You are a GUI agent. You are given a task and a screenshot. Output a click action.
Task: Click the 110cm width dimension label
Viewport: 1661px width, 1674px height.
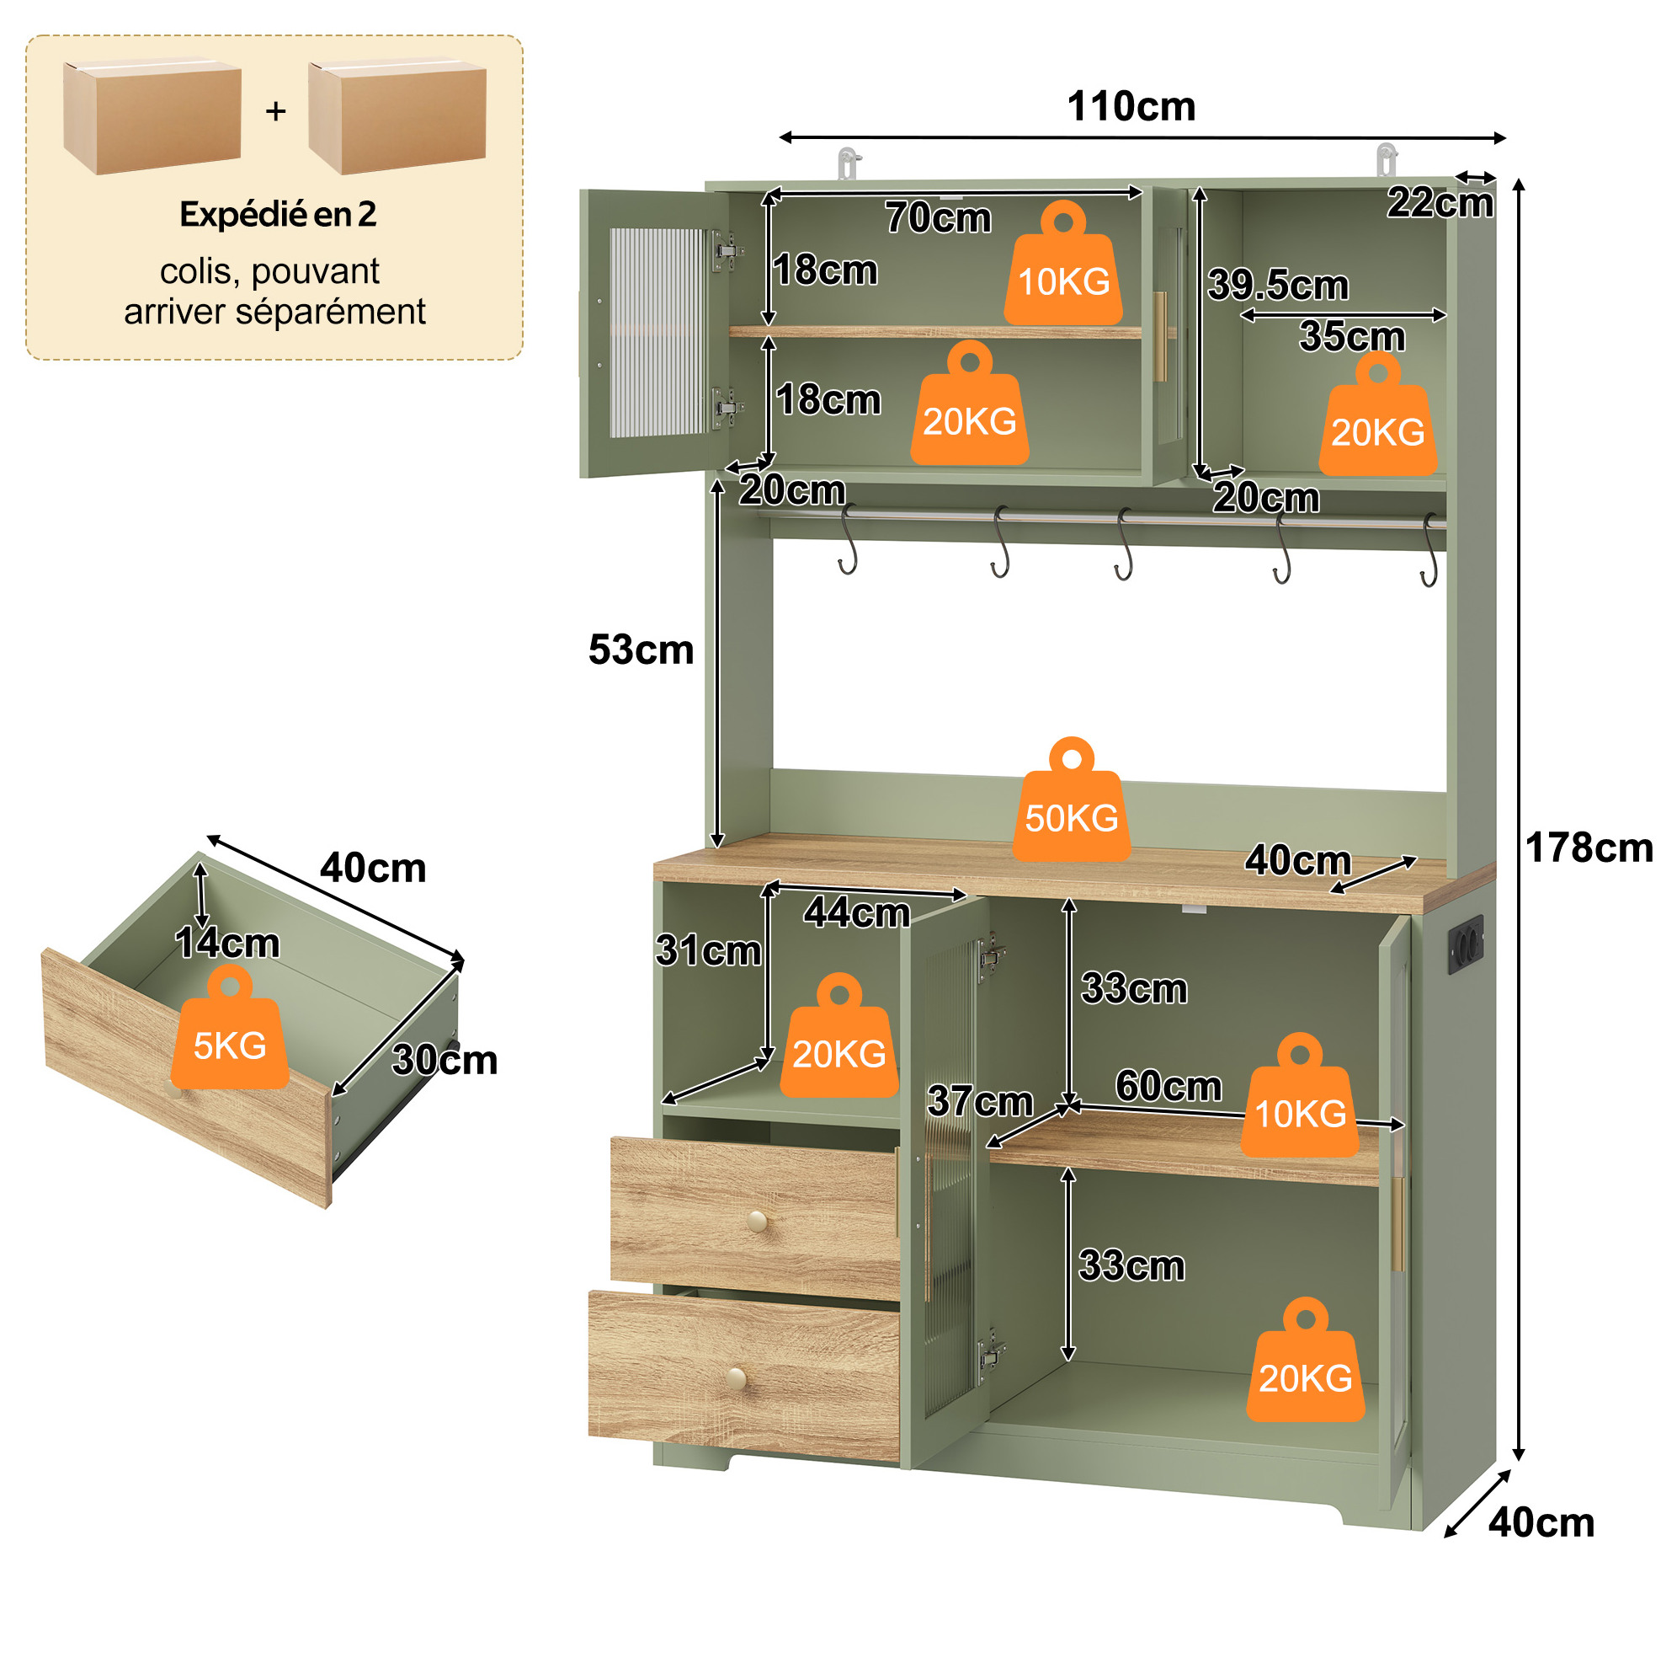click(1131, 107)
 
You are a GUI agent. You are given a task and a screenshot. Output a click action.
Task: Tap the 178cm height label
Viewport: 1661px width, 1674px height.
click(1589, 848)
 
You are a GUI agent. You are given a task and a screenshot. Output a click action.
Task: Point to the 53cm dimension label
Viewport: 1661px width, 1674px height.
click(641, 650)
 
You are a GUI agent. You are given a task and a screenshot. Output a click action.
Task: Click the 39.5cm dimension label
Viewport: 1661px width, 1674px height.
click(1278, 285)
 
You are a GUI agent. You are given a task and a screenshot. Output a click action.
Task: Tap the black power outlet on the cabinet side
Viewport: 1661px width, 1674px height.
click(1466, 944)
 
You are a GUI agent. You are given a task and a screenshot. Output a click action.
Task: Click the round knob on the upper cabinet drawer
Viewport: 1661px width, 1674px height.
click(757, 1221)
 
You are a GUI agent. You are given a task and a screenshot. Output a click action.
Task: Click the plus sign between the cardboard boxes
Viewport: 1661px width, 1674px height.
click(275, 111)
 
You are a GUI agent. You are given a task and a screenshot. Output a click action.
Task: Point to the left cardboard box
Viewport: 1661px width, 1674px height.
click(152, 117)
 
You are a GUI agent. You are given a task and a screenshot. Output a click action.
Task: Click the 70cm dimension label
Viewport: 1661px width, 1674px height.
click(938, 217)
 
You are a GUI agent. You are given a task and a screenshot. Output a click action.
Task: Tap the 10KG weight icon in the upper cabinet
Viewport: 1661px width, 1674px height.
click(1063, 264)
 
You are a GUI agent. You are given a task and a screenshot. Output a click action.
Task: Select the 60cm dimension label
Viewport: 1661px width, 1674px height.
click(1169, 1086)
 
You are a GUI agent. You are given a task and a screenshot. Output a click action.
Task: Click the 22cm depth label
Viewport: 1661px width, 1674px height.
click(1440, 203)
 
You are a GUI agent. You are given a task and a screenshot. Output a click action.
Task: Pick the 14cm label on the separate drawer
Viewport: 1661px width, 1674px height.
click(228, 943)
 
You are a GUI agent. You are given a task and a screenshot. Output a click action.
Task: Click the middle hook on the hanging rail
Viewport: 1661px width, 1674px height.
click(1124, 544)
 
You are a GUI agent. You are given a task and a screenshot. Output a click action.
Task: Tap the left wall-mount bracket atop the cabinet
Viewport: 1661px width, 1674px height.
click(848, 163)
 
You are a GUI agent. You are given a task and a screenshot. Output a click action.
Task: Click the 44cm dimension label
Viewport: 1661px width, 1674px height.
click(856, 912)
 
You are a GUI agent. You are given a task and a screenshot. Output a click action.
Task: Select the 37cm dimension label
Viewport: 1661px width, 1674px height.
click(980, 1101)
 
